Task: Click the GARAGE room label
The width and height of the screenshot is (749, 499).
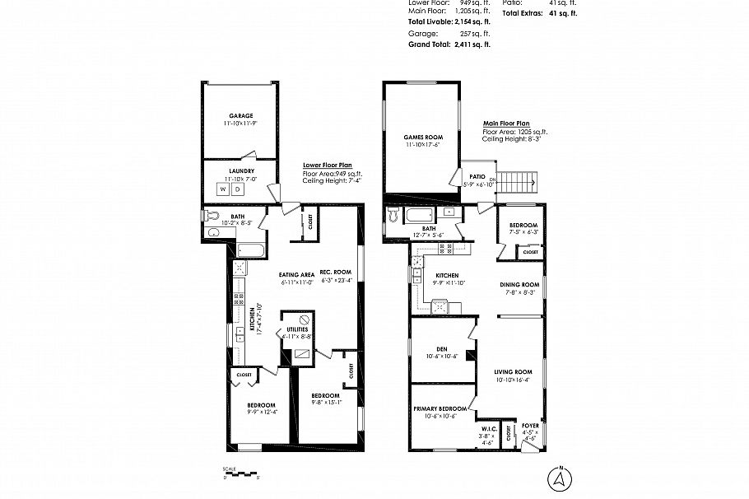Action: [x=241, y=115]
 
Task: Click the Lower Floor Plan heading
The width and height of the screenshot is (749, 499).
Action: [x=328, y=165]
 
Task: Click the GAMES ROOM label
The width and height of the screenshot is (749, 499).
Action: [x=423, y=137]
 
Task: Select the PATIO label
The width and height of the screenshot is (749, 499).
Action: [x=477, y=176]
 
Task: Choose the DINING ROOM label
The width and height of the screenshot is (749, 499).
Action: [x=519, y=285]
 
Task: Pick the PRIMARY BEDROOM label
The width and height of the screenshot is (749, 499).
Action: [x=440, y=409]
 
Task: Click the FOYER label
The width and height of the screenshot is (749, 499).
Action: [x=531, y=426]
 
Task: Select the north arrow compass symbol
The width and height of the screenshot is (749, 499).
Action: [x=559, y=478]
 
